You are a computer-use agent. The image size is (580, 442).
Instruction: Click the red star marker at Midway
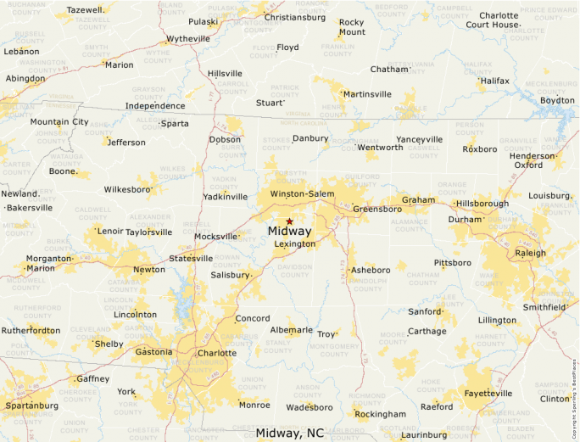tap(289, 221)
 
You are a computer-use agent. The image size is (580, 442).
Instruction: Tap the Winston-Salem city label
tap(302, 194)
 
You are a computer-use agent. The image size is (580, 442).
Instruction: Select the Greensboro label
tap(377, 209)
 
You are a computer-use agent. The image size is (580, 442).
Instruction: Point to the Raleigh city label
tap(530, 253)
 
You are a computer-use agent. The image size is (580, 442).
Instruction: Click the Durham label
tap(465, 220)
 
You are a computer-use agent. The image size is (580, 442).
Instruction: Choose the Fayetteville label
tap(488, 394)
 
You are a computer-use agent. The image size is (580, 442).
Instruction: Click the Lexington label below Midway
tap(295, 244)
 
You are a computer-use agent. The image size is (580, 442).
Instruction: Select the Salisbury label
tap(231, 275)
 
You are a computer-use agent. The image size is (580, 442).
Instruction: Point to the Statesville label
tap(191, 258)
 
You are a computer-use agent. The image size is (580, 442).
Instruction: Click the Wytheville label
tap(188, 39)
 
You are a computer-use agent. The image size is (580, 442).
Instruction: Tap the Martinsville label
tap(367, 94)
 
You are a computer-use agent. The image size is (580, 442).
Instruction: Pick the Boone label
tap(63, 171)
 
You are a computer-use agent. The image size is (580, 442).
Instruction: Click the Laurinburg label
tap(423, 435)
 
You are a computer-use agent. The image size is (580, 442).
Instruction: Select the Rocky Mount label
tap(351, 27)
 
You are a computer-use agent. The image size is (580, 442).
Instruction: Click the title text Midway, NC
tap(289, 434)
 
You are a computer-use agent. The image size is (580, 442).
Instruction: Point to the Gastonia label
tap(153, 352)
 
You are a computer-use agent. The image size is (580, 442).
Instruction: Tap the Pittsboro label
tap(453, 263)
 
